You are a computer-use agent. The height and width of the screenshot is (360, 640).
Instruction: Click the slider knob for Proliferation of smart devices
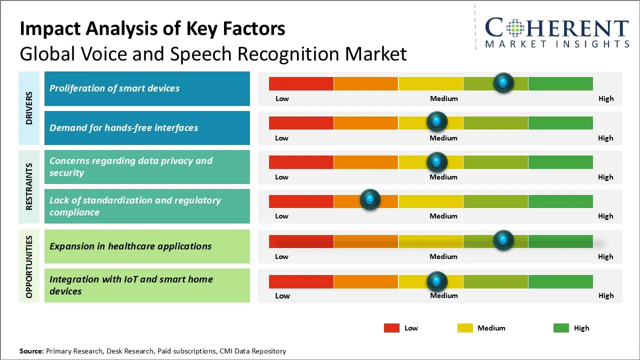pyautogui.click(x=503, y=82)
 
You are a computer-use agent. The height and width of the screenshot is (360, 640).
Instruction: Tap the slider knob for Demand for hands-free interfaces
pyautogui.click(x=437, y=121)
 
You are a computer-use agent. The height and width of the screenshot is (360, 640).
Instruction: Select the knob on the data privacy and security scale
pyautogui.click(x=437, y=161)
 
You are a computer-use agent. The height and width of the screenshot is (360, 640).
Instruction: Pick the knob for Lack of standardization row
pyautogui.click(x=370, y=200)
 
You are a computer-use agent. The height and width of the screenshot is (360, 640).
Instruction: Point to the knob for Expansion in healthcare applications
pyautogui.click(x=503, y=240)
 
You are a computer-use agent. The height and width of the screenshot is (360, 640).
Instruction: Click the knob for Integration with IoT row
pyautogui.click(x=437, y=281)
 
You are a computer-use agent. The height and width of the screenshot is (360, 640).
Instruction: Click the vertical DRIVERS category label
pyautogui.click(x=29, y=108)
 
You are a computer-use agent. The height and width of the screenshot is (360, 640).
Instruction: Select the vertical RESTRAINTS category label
pyautogui.click(x=29, y=186)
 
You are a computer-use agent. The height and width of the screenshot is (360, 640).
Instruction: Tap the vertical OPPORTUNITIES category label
pyautogui.click(x=29, y=266)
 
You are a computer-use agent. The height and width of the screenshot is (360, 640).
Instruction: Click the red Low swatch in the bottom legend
pyautogui.click(x=391, y=328)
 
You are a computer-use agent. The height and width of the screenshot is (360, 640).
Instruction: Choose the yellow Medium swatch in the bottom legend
pyautogui.click(x=465, y=328)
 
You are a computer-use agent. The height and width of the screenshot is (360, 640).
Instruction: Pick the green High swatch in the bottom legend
pyautogui.click(x=561, y=328)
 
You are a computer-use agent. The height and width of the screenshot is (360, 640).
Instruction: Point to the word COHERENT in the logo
pyautogui.click(x=557, y=28)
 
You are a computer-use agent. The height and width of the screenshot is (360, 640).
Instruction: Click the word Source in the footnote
pyautogui.click(x=31, y=351)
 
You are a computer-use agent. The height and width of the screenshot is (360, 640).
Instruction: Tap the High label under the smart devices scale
pyautogui.click(x=606, y=98)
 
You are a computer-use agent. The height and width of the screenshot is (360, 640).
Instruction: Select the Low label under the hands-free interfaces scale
pyautogui.click(x=281, y=138)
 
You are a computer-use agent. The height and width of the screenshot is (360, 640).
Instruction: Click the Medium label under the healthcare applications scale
pyautogui.click(x=443, y=256)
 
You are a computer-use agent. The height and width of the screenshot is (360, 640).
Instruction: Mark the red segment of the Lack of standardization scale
pyautogui.click(x=301, y=201)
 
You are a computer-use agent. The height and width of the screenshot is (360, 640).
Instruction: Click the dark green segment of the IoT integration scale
pyautogui.click(x=560, y=281)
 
